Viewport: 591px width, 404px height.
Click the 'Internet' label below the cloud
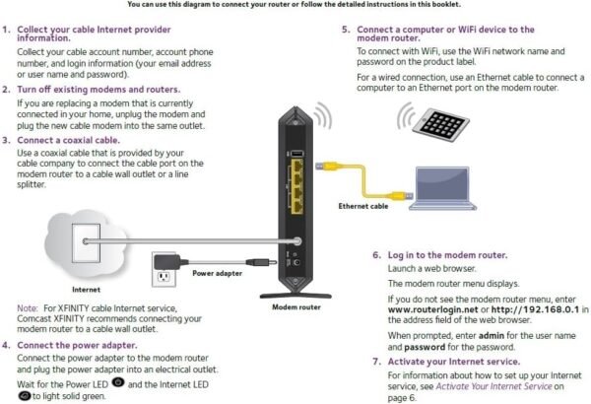tap(87, 290)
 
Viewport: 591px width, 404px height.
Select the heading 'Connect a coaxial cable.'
tap(68, 141)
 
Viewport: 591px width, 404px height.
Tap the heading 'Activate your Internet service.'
tap(451, 362)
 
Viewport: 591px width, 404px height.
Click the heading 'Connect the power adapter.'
tap(76, 345)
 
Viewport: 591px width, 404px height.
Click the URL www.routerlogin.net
tap(426, 308)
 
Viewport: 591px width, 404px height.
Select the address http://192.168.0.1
tap(525, 308)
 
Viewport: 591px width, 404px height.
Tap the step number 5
tap(346, 31)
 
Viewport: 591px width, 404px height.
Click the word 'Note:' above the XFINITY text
tap(28, 308)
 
